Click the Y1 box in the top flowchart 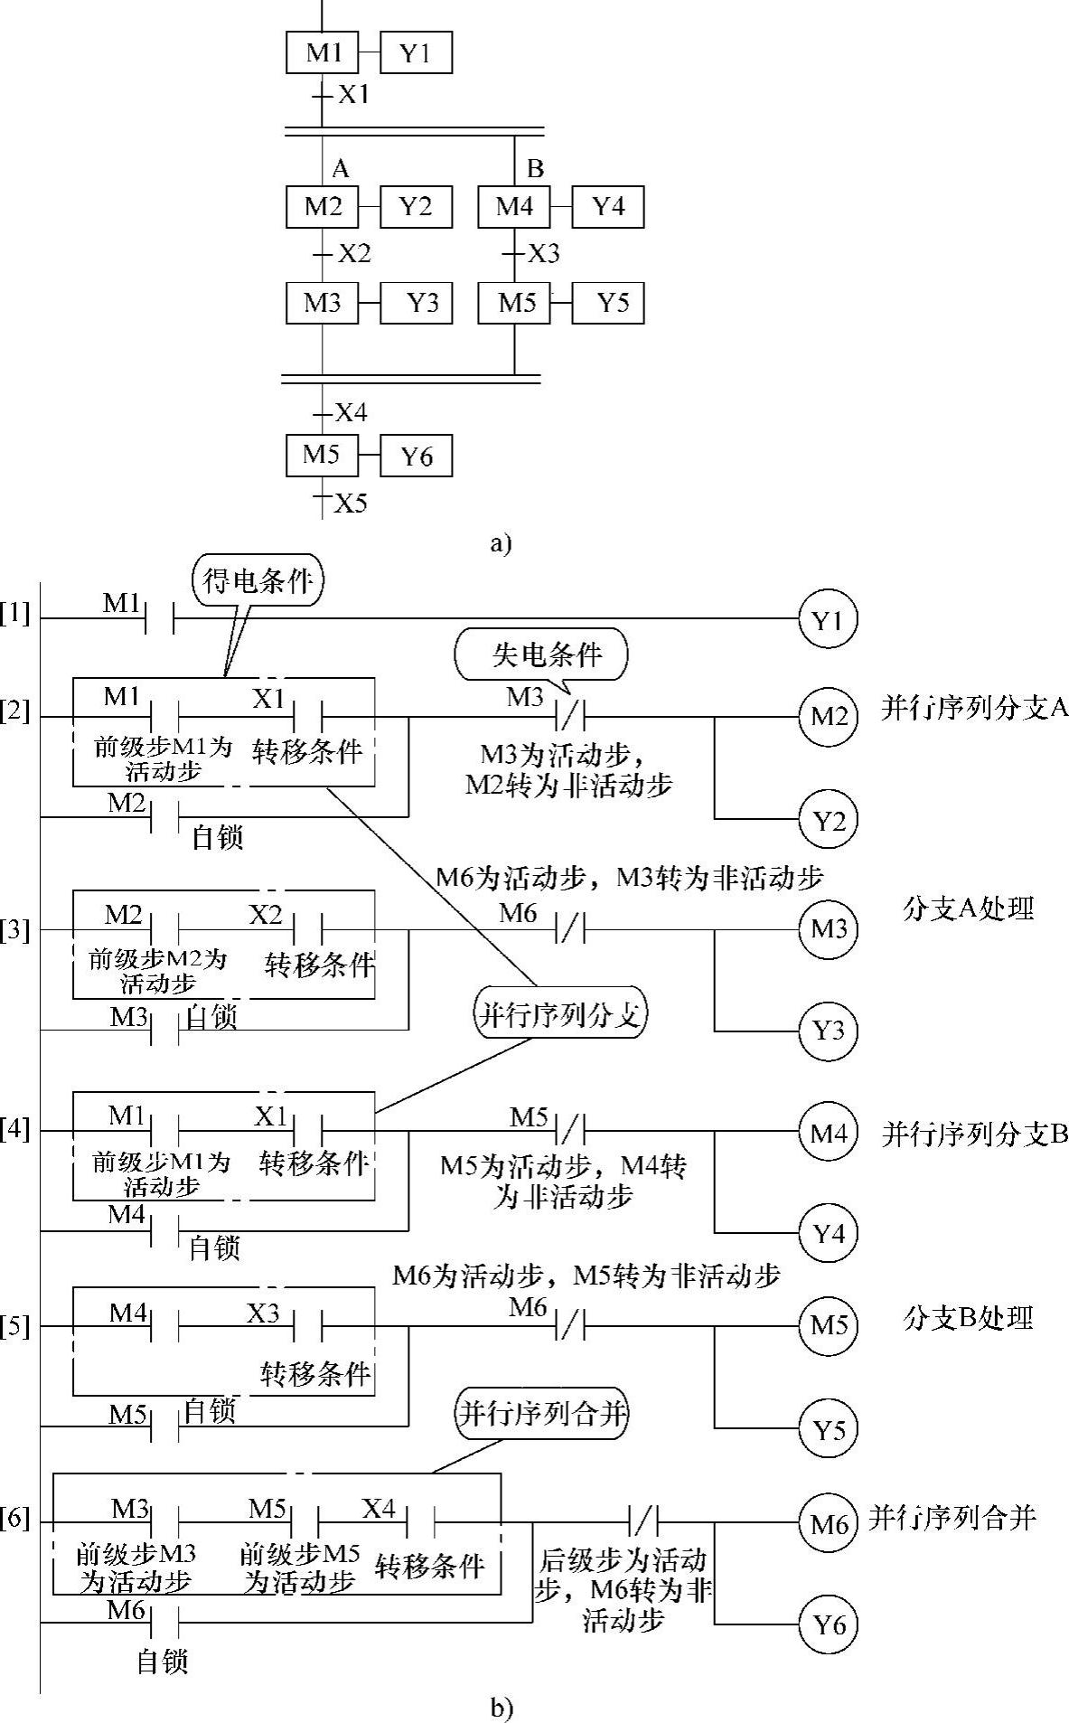[415, 53]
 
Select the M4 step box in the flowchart [514, 207]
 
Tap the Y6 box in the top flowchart [416, 456]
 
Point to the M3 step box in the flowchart [323, 303]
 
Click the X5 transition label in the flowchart [351, 504]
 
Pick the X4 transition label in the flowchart [351, 413]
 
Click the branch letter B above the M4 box [535, 168]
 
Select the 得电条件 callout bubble [258, 579]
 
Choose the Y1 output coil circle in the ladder [828, 620]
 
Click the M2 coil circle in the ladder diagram [828, 718]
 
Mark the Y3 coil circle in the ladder [828, 1031]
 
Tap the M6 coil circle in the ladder [828, 1524]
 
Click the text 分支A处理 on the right [968, 909]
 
